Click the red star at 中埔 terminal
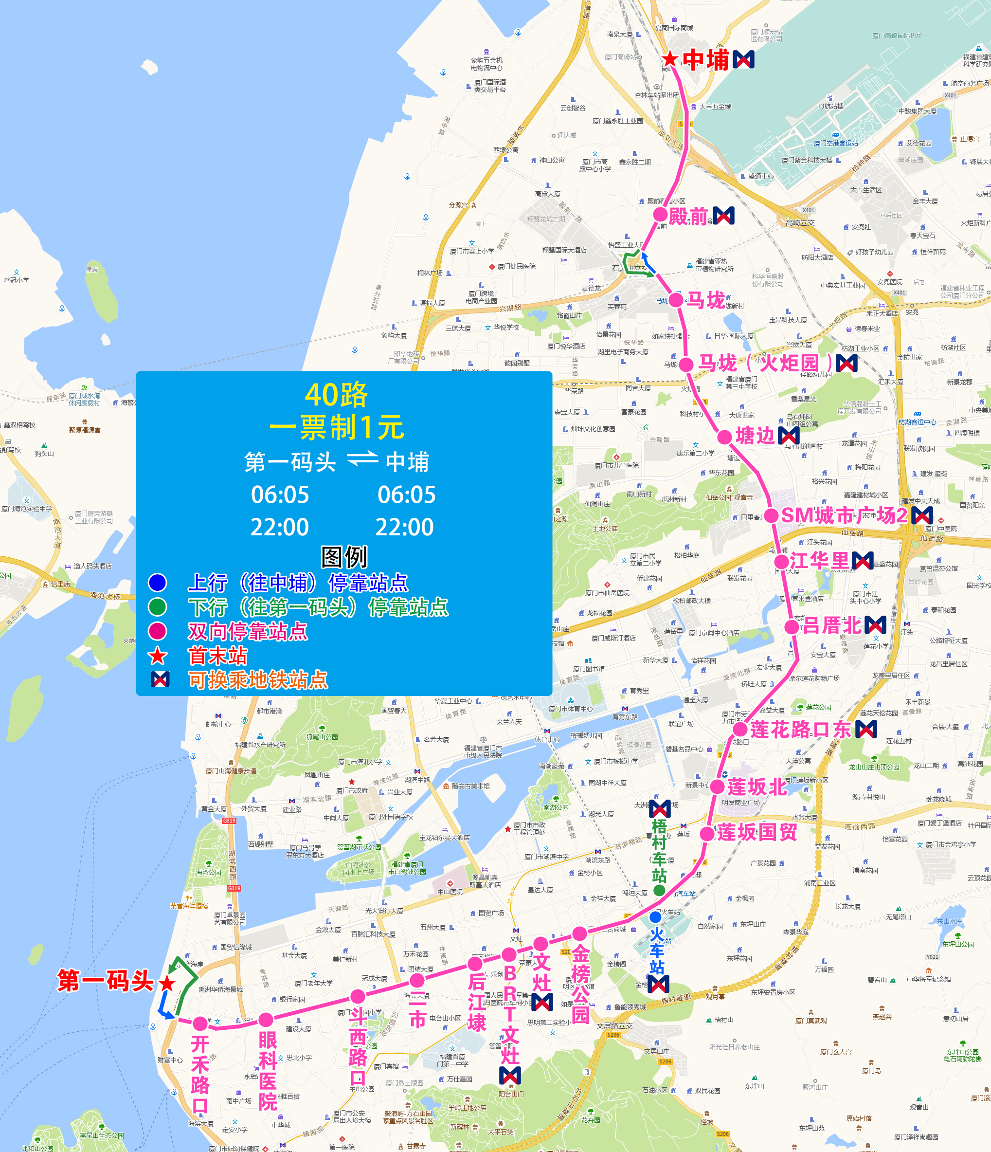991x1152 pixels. (x=670, y=59)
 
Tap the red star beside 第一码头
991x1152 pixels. (x=167, y=984)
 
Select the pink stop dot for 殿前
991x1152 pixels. (x=660, y=215)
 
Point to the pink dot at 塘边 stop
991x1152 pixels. (x=724, y=437)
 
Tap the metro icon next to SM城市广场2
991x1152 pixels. (x=921, y=515)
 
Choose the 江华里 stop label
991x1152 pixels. (x=819, y=561)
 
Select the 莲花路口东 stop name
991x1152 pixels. (x=800, y=729)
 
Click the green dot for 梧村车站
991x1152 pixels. (x=659, y=890)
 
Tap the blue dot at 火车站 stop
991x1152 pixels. (x=656, y=917)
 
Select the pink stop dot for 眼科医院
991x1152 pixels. (x=266, y=1020)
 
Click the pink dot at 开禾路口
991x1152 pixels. (x=200, y=1023)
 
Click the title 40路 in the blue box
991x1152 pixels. (x=336, y=395)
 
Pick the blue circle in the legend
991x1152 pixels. (x=157, y=582)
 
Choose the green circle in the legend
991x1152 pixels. (x=157, y=606)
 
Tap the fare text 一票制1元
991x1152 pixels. (x=336, y=427)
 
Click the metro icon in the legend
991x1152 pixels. (x=160, y=679)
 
